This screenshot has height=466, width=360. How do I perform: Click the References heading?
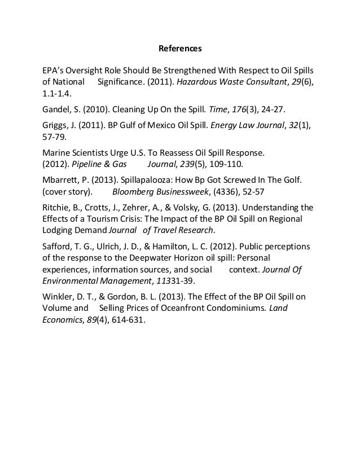179,49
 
